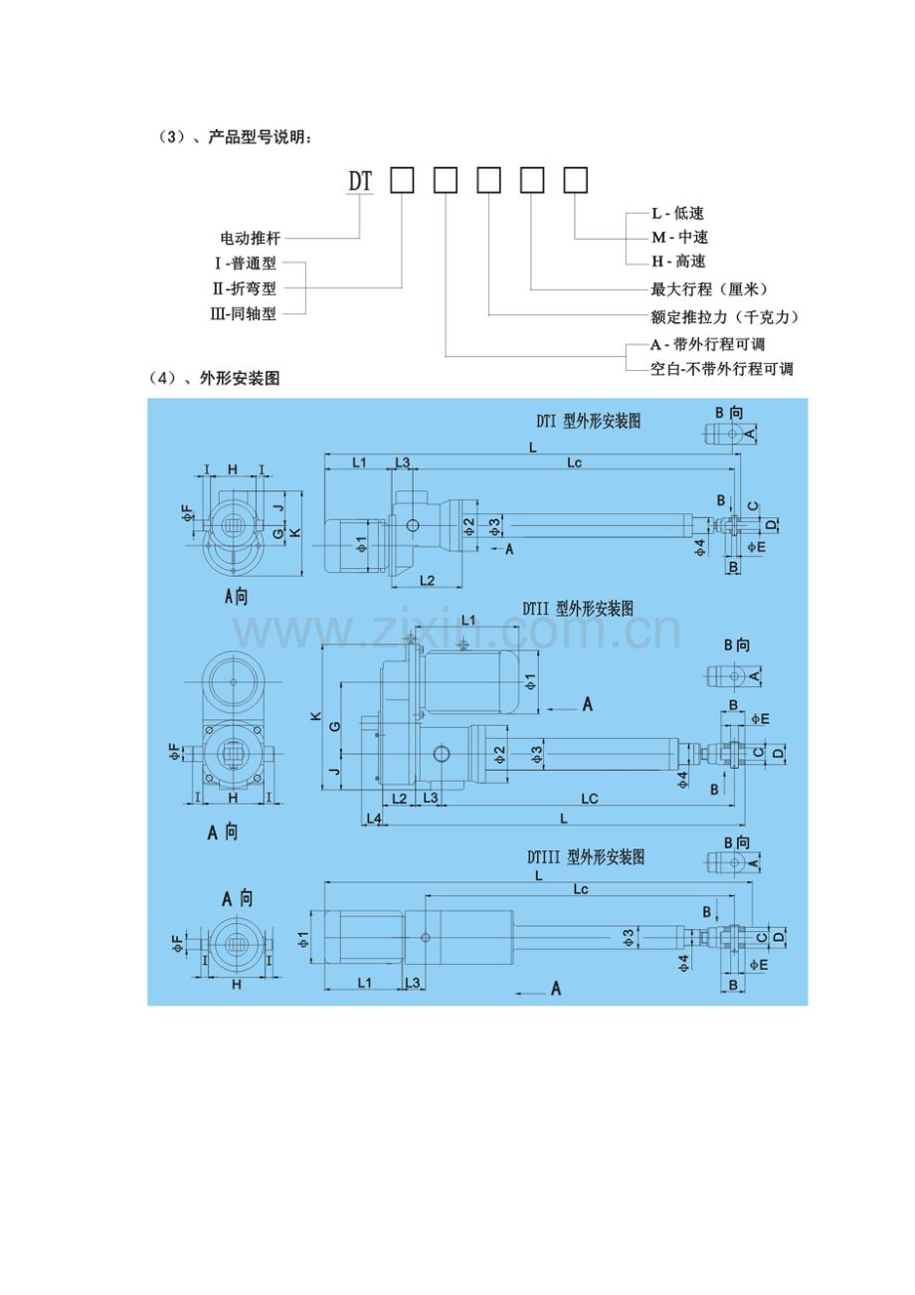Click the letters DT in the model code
pyautogui.click(x=359, y=182)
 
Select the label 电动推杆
pyautogui.click(x=251, y=238)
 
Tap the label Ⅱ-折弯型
pyautogui.click(x=244, y=288)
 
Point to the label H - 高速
pyautogui.click(x=678, y=262)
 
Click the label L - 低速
pyautogui.click(x=678, y=214)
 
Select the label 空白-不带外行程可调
pyautogui.click(x=722, y=369)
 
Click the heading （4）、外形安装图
pyautogui.click(x=215, y=379)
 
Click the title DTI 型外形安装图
pyautogui.click(x=589, y=422)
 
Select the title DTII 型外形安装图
pyautogui.click(x=578, y=609)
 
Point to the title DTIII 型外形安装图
pyautogui.click(x=586, y=857)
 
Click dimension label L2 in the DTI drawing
pyautogui.click(x=427, y=581)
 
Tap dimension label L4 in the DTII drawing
pyautogui.click(x=375, y=820)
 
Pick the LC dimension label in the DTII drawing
pyautogui.click(x=590, y=799)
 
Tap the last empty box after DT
pyautogui.click(x=576, y=180)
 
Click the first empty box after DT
pyautogui.click(x=402, y=180)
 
